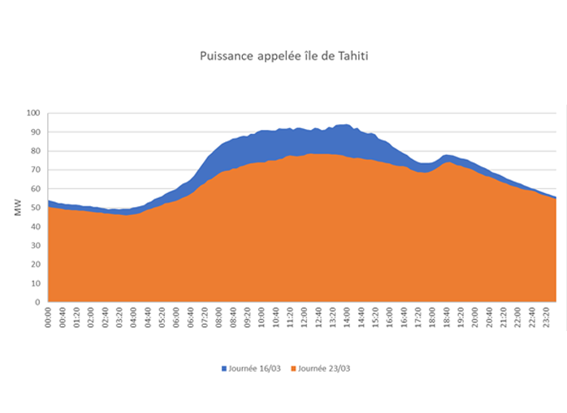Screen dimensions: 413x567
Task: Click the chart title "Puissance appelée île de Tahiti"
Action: [x=283, y=58]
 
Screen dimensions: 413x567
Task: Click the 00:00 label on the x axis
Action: [x=50, y=318]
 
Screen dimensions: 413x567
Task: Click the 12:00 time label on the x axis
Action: [x=305, y=318]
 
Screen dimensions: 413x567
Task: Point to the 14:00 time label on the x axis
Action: [x=347, y=318]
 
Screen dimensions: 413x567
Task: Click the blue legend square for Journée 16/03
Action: [x=224, y=368]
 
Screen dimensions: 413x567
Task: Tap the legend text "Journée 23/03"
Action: [x=324, y=368]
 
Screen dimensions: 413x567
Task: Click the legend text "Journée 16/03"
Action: [x=257, y=368]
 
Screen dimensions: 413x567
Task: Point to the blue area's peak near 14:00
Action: [x=346, y=125]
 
